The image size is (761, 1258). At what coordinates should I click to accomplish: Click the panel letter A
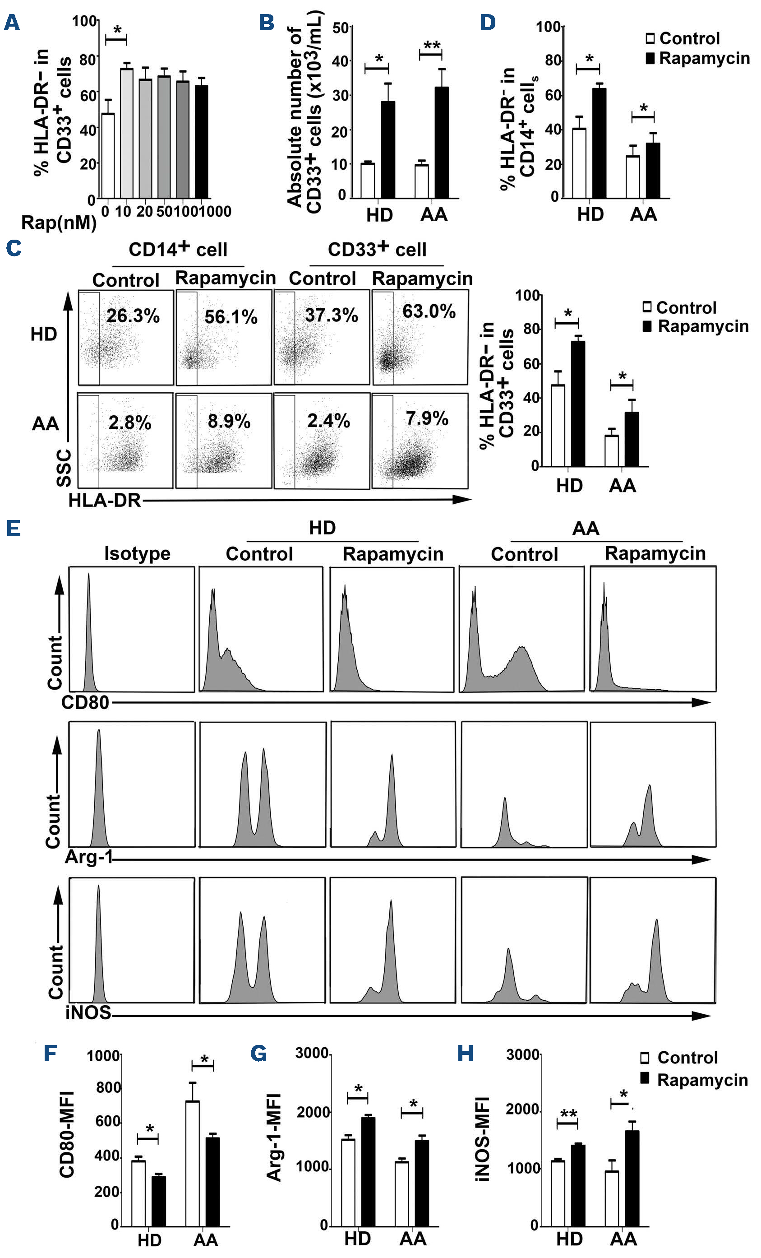tap(12, 23)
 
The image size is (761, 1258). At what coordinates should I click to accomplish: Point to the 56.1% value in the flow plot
tap(231, 317)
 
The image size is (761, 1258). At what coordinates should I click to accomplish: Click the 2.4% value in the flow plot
tap(328, 421)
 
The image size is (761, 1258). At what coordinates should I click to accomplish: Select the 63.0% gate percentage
tap(429, 311)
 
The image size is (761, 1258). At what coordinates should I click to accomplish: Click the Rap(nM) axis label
tap(59, 223)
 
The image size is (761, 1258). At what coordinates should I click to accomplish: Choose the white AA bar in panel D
tap(633, 176)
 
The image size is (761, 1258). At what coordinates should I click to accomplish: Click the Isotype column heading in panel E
tap(137, 553)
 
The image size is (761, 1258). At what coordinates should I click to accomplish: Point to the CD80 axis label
tap(85, 702)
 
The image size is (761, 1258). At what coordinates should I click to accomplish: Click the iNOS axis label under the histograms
tap(88, 1012)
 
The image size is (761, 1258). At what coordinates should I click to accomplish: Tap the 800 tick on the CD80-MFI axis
tap(108, 1088)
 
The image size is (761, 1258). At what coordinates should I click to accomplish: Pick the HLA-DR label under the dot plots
tap(105, 500)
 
